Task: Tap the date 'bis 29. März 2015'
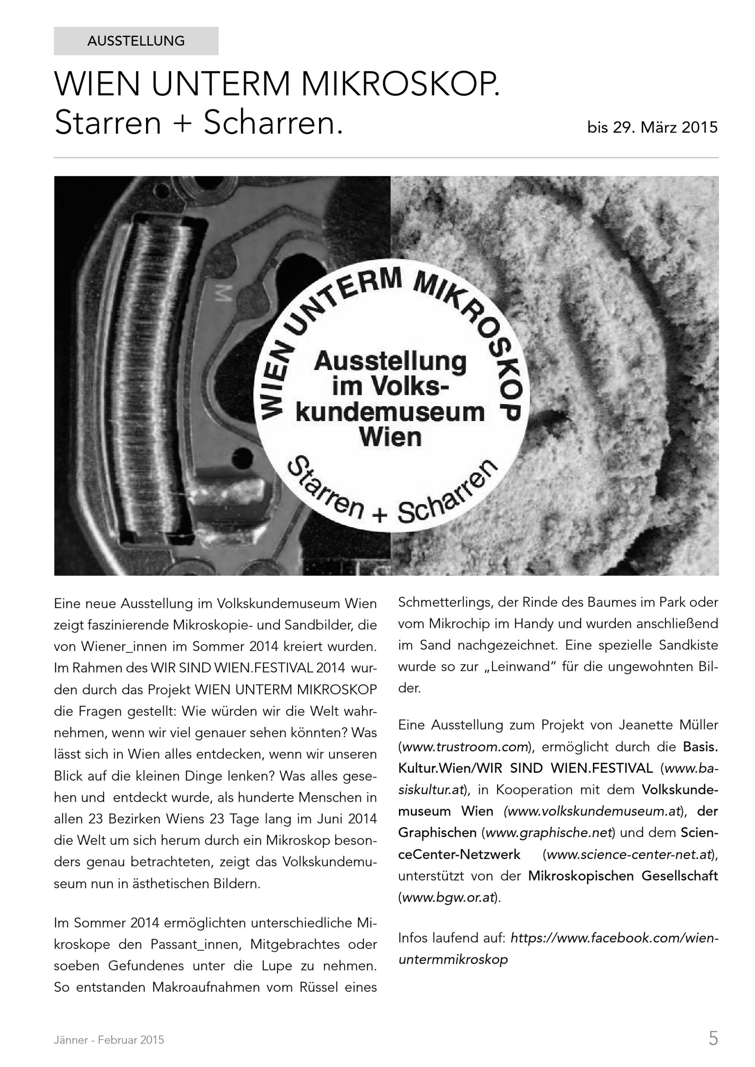652,127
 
